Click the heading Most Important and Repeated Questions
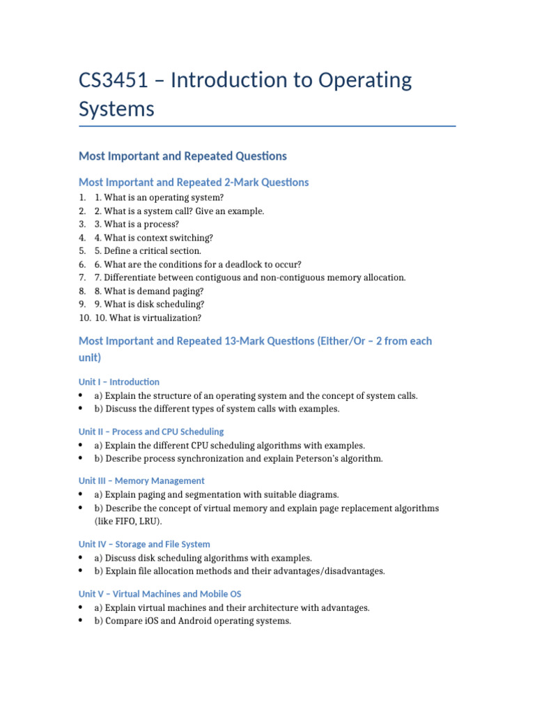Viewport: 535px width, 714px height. coord(183,155)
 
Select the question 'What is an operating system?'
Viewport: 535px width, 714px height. coord(160,197)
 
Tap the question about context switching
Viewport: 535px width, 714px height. coord(154,238)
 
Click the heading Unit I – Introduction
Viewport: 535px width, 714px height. coord(118,382)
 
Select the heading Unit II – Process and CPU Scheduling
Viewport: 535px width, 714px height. coord(151,432)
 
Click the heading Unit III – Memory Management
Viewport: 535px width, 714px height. coord(141,480)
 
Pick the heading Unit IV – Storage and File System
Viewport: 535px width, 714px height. coord(144,544)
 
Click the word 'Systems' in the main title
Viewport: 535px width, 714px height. coord(116,109)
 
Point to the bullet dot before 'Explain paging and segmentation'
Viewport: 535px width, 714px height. coord(82,494)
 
